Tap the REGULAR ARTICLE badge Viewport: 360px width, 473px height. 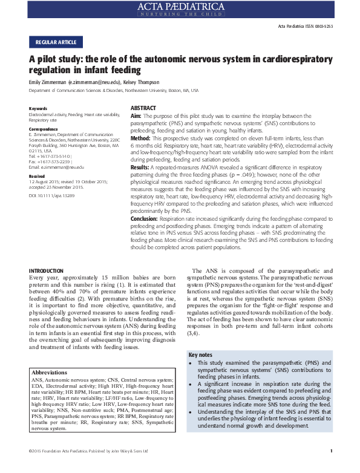tap(56, 42)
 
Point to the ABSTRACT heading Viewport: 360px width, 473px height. tap(143, 108)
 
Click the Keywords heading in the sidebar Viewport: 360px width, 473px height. tap(38, 108)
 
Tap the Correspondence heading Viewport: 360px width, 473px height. tap(44, 129)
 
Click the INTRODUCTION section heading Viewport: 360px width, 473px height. tap(47, 270)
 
